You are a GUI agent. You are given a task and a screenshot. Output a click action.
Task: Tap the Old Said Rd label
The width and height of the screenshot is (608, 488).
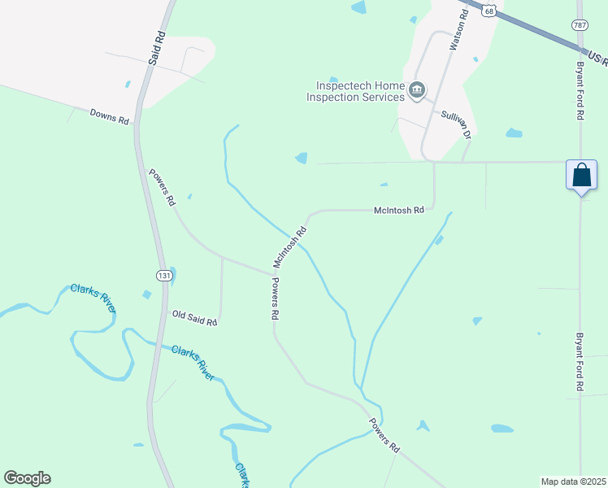(194, 317)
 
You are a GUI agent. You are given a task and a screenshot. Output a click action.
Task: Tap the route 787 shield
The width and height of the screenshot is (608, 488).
(580, 25)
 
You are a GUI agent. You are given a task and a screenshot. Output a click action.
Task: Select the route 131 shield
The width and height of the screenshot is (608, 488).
(164, 276)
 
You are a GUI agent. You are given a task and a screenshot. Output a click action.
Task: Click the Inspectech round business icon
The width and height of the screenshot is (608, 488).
(417, 89)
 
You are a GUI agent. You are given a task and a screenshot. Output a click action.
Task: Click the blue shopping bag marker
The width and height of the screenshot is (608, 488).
(581, 175)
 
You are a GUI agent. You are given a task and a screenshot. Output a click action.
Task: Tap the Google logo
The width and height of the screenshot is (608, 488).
(27, 478)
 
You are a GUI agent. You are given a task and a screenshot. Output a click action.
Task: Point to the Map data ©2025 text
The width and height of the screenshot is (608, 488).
(573, 481)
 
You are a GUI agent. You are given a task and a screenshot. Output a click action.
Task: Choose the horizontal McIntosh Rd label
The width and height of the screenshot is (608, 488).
(399, 210)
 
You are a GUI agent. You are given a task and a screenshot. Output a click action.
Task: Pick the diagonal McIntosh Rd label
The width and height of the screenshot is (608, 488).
(289, 247)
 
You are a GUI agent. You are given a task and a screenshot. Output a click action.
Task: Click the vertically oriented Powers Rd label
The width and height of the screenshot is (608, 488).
(276, 298)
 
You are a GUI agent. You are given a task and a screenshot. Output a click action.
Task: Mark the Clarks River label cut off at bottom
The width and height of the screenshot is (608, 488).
(241, 475)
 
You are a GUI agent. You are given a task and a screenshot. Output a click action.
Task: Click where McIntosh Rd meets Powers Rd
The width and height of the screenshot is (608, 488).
(271, 272)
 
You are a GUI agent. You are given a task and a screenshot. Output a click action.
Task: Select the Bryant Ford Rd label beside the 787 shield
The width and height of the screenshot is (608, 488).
(580, 90)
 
